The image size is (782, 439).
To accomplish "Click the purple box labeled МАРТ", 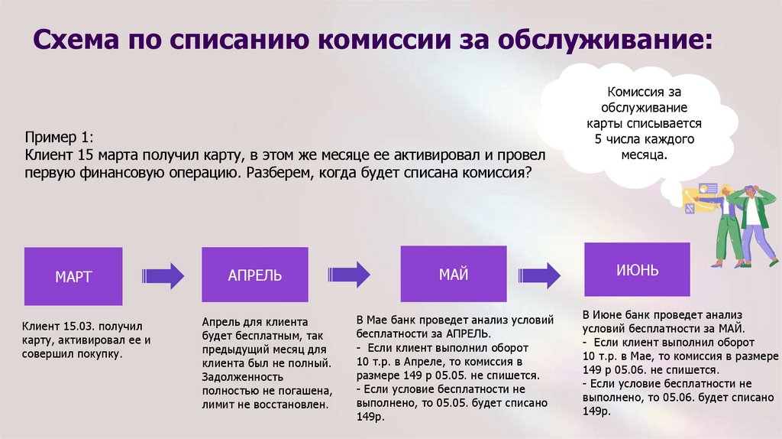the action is (x=73, y=276).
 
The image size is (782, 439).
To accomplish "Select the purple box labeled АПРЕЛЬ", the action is (x=255, y=275).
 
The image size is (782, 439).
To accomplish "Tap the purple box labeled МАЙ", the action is (x=454, y=274).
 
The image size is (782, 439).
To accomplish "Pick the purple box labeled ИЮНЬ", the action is (x=637, y=270).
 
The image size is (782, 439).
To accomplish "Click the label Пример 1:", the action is (x=59, y=138).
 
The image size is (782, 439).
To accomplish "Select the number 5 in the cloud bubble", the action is (x=599, y=140).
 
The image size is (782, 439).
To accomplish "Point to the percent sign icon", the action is (x=690, y=205).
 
